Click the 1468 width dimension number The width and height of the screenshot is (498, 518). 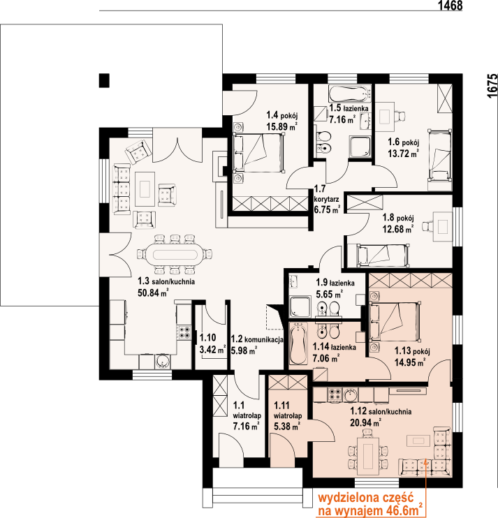point(450,6)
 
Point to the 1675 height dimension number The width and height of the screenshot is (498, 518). point(492,86)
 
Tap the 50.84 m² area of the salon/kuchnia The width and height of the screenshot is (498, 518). point(153,293)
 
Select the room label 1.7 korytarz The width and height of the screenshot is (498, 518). point(326,194)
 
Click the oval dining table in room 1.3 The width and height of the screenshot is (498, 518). point(175,254)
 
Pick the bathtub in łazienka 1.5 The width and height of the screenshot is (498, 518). point(350,94)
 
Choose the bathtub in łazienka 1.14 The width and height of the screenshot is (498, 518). point(298,343)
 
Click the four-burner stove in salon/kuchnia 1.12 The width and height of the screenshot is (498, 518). point(334,394)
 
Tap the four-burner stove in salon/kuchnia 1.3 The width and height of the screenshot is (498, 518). point(184,333)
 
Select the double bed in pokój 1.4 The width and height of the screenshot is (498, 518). point(258,153)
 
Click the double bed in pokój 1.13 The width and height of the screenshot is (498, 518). point(395,322)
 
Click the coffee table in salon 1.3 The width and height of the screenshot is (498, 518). point(145,189)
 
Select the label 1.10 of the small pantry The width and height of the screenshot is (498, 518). point(208,338)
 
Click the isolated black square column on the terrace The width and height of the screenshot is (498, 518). point(104,80)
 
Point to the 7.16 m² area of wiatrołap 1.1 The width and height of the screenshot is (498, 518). point(246,427)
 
